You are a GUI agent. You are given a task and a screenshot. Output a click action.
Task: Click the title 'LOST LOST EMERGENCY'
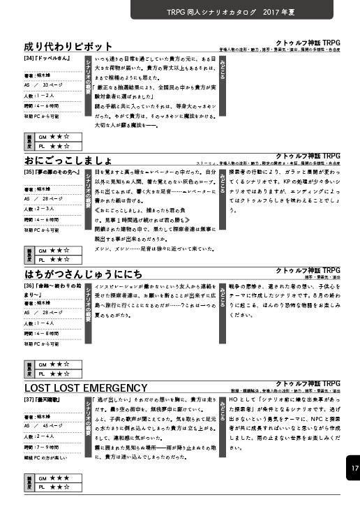[86, 387]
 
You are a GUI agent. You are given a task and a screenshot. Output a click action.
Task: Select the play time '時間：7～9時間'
[42, 445]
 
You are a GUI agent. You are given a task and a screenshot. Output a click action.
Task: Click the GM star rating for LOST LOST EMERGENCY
[54, 478]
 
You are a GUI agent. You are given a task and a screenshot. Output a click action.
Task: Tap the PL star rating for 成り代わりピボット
[54, 147]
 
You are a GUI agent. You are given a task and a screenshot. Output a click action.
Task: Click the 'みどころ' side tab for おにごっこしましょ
[222, 179]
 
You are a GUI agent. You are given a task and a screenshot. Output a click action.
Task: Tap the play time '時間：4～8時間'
[42, 333]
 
